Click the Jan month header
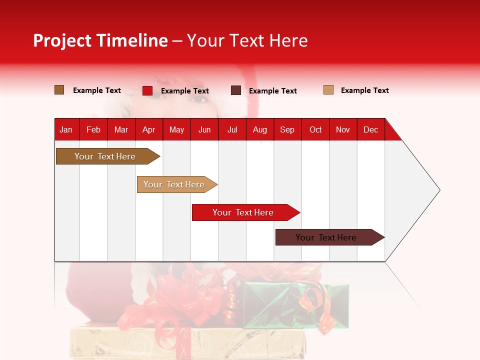tap(66, 129)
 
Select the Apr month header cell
tap(148, 129)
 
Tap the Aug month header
tap(259, 129)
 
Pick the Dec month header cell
tap(370, 129)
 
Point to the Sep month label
tap(287, 129)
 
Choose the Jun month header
tap(204, 129)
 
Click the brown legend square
tap(59, 90)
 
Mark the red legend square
tap(147, 90)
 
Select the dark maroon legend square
tap(236, 90)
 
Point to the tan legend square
tap(328, 90)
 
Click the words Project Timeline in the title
tap(100, 40)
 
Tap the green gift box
tap(295, 305)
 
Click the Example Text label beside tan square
tap(364, 90)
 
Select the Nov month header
tap(343, 129)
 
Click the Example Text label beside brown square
tap(96, 90)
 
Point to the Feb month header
tap(93, 129)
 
